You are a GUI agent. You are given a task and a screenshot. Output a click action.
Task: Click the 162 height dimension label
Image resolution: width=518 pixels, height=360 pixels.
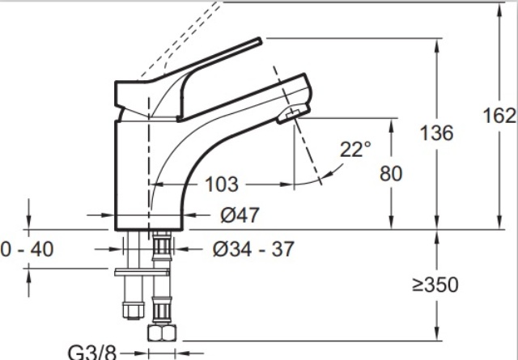click(499, 116)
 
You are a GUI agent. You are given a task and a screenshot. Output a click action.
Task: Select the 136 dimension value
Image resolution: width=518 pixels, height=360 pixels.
click(436, 133)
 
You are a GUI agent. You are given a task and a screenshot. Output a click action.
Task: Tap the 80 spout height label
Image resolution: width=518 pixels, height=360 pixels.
click(391, 174)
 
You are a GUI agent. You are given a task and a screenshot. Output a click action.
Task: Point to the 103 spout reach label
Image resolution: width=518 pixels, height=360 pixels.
click(221, 184)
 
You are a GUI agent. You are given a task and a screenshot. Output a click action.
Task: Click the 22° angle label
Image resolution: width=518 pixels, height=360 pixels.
click(355, 150)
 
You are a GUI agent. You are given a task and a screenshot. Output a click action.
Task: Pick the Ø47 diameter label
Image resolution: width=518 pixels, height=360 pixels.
click(240, 215)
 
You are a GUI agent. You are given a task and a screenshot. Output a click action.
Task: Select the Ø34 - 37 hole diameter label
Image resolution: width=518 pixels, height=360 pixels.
click(253, 249)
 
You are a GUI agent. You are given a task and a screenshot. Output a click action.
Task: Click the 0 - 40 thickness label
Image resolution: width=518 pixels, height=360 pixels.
click(27, 249)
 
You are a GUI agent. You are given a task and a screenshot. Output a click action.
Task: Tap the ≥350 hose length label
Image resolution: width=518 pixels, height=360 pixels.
click(435, 285)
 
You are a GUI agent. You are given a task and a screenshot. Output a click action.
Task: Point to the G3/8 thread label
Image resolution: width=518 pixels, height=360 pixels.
click(92, 353)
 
